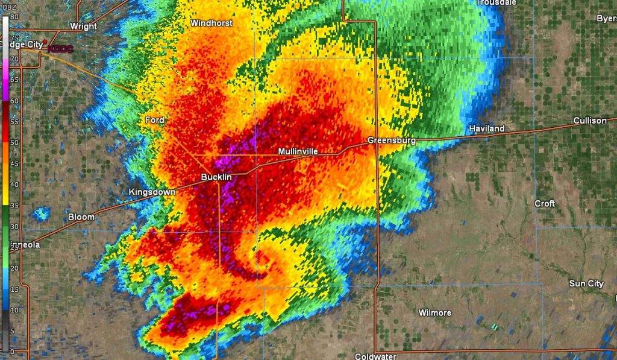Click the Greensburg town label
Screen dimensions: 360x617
click(392, 141)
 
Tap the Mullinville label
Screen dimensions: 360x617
click(298, 151)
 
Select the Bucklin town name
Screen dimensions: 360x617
click(216, 177)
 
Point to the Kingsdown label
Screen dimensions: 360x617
click(152, 192)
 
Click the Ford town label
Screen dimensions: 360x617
click(155, 120)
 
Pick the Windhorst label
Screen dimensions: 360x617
click(211, 23)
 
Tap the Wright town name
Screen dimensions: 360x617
click(83, 26)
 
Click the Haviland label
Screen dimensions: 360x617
click(487, 129)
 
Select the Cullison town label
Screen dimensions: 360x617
click(590, 121)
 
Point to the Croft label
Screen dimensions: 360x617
click(545, 203)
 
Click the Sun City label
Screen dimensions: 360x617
click(586, 283)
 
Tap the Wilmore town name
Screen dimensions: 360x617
click(435, 312)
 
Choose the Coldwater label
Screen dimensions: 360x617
click(375, 356)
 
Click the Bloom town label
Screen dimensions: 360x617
click(81, 216)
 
